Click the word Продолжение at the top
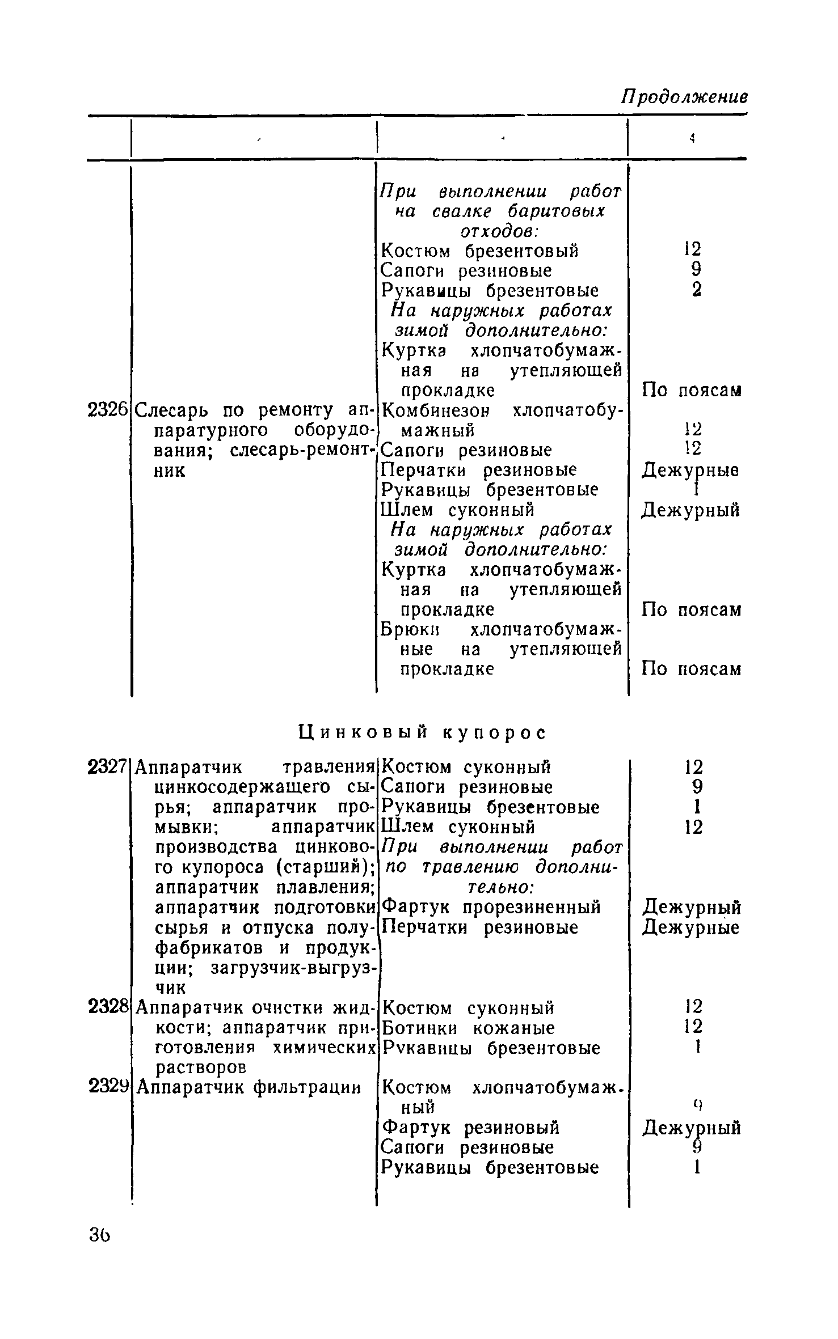click(x=684, y=96)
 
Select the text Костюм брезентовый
click(x=479, y=250)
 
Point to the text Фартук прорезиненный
click(x=491, y=907)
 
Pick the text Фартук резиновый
click(x=471, y=1127)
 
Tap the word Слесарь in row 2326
click(x=174, y=409)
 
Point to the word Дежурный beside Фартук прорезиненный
click(x=692, y=908)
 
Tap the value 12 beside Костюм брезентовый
click(x=693, y=249)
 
